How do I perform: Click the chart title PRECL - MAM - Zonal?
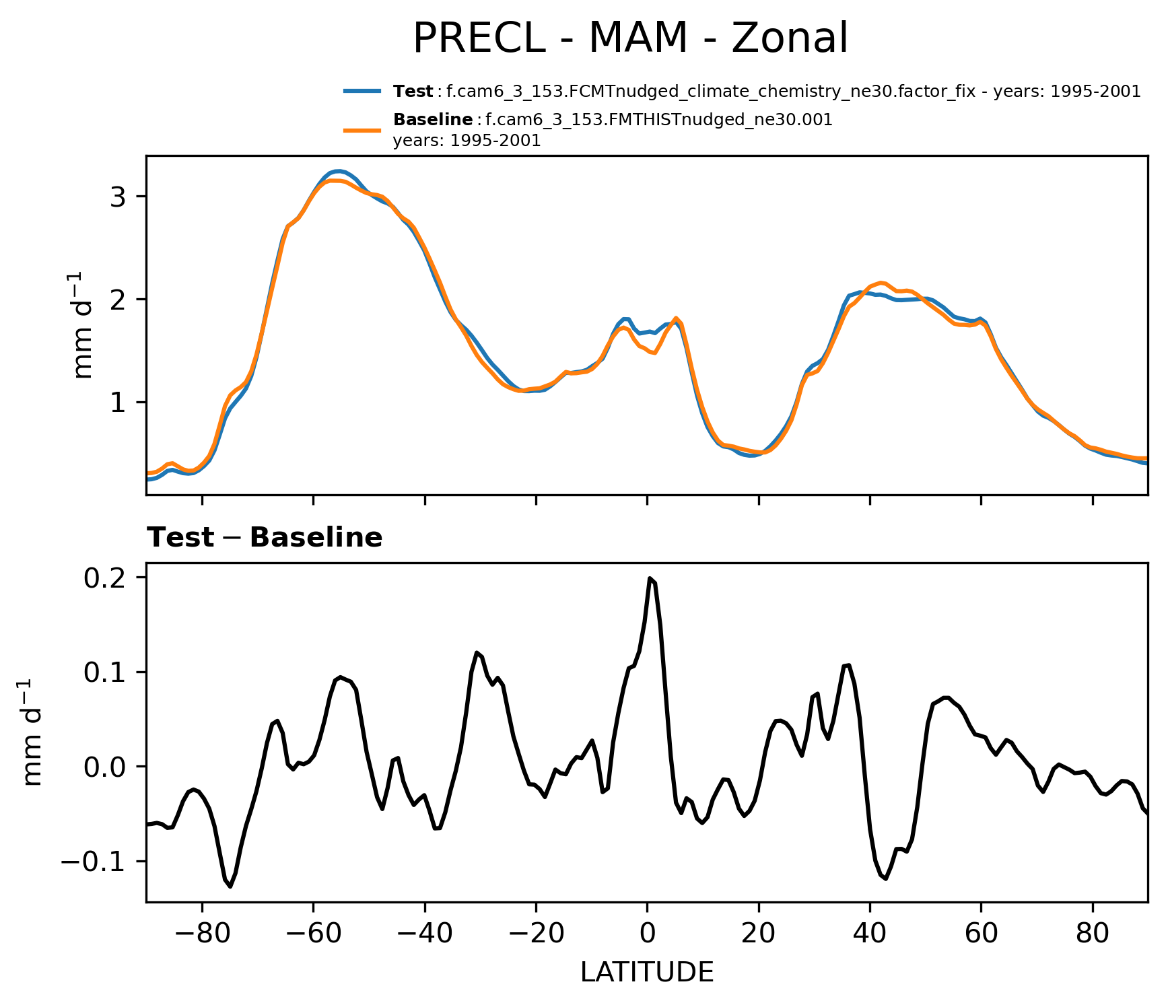coord(630,38)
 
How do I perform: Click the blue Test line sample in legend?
coord(363,92)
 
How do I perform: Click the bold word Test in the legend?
coord(413,92)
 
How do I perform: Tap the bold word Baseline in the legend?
coord(433,120)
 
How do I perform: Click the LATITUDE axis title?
coord(647,973)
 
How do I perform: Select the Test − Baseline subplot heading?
coord(265,538)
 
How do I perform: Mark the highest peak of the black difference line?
coord(650,578)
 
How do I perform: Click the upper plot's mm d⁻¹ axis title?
coord(83,325)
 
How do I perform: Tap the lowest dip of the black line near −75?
coord(230,887)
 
